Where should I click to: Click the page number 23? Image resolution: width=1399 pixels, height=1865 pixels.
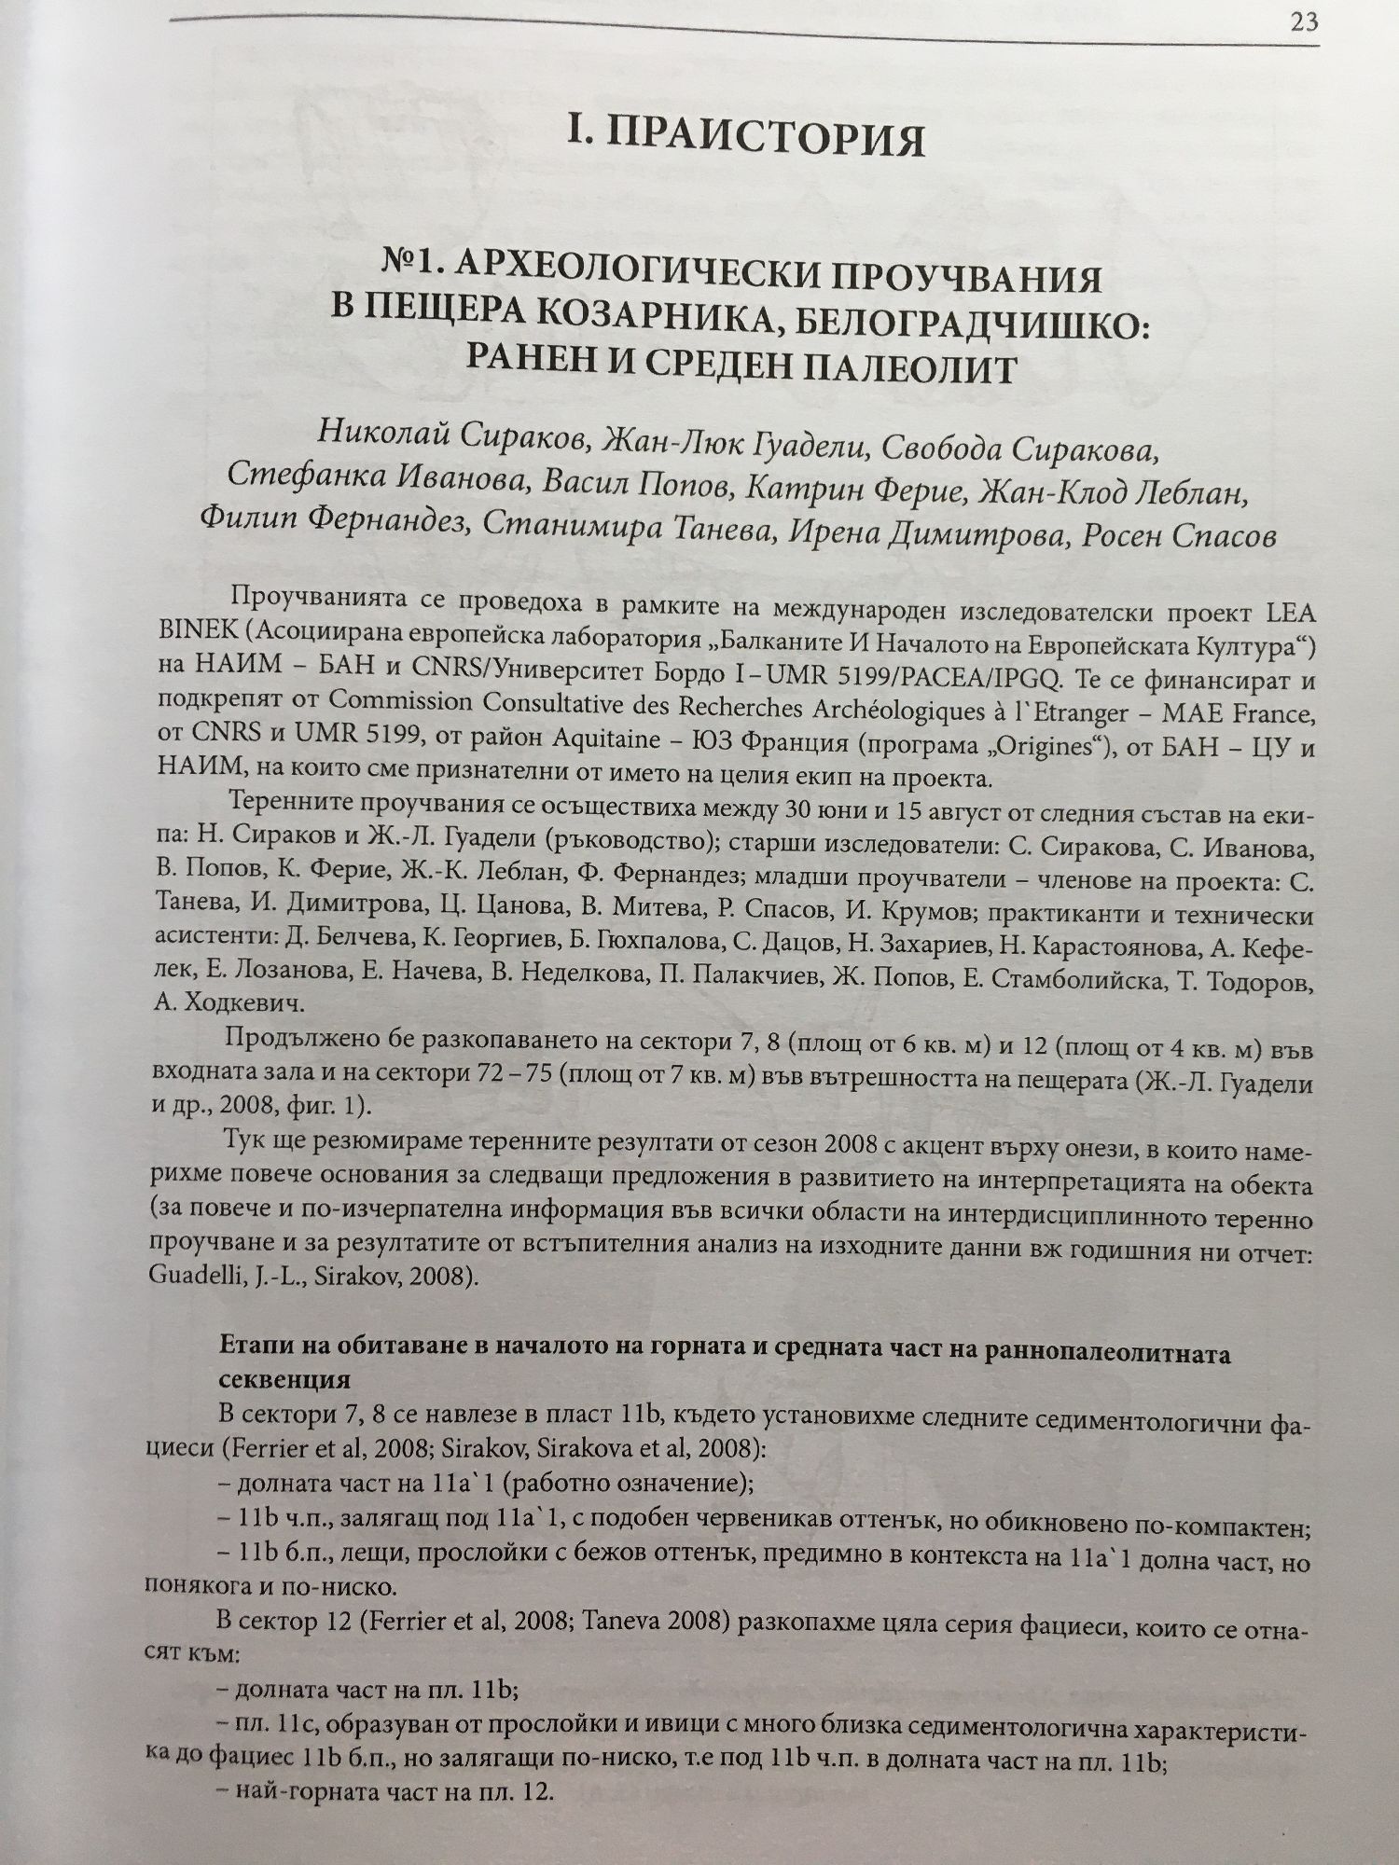click(x=1303, y=21)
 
